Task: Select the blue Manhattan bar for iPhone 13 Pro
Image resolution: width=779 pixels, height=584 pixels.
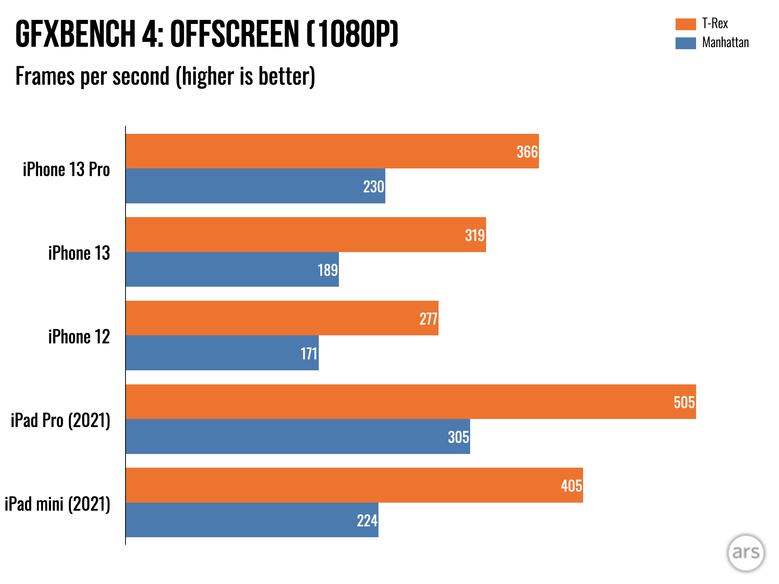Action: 255,186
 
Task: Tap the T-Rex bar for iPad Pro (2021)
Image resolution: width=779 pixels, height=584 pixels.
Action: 411,401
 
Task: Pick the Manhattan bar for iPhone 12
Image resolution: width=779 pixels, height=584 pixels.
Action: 222,353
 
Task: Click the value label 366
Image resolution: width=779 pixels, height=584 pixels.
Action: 527,152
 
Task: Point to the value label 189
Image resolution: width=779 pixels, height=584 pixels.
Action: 327,270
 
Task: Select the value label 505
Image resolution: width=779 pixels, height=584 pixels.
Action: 684,402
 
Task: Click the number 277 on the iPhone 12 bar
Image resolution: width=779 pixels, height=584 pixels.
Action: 428,319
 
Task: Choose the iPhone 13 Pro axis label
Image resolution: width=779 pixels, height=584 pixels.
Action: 66,170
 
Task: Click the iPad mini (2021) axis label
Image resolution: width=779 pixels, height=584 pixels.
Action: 57,504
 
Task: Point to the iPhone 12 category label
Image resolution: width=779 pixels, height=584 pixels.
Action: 79,337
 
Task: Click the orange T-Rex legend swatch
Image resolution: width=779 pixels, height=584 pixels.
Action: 685,24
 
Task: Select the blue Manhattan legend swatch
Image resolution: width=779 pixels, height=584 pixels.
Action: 685,43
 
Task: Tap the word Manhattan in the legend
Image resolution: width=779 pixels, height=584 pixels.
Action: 725,43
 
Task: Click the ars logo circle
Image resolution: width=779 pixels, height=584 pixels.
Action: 746,553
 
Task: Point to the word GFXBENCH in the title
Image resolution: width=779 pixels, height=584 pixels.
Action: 75,34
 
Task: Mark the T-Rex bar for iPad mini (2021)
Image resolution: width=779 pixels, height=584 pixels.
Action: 354,485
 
